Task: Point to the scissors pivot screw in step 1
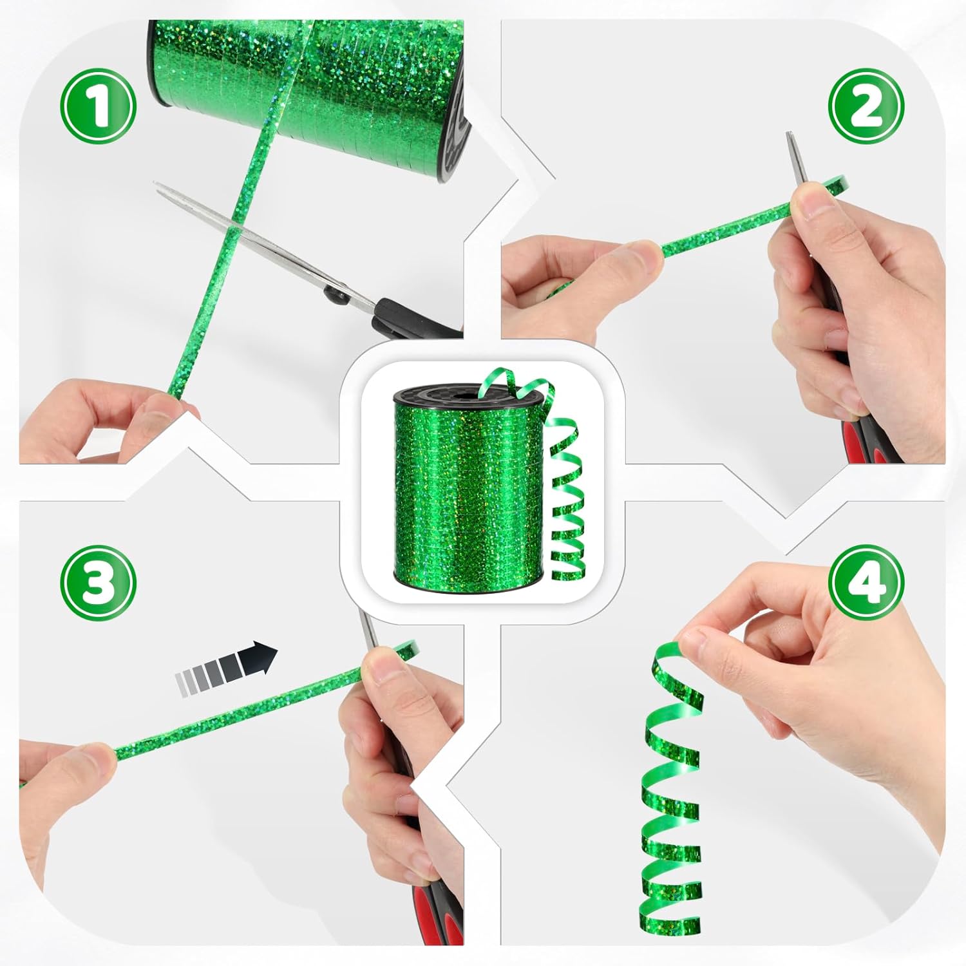(336, 296)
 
